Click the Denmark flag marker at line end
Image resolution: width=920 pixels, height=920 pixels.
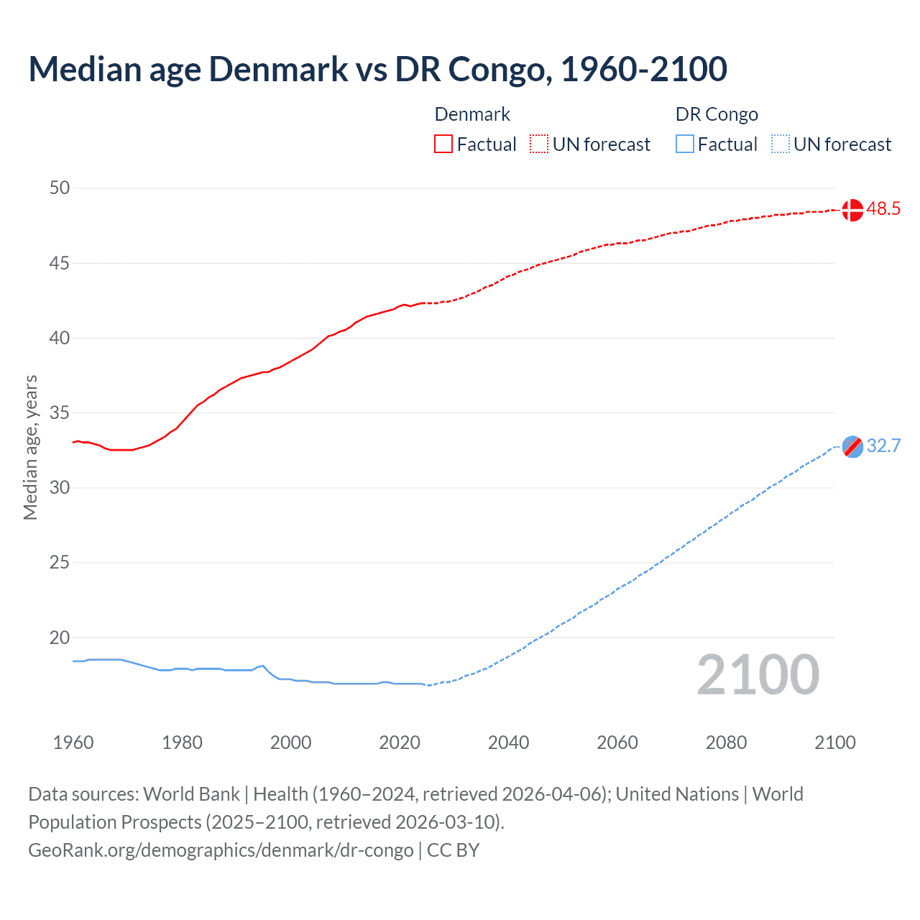click(x=852, y=210)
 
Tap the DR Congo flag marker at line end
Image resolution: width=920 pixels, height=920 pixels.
click(x=852, y=446)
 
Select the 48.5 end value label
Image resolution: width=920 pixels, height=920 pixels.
click(x=883, y=209)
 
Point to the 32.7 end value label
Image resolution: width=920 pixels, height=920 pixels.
click(x=883, y=446)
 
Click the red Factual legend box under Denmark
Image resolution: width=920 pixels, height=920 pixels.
click(x=443, y=144)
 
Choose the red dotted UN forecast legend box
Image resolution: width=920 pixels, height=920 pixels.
click(x=539, y=144)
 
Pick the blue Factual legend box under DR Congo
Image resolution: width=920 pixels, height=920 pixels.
click(x=685, y=144)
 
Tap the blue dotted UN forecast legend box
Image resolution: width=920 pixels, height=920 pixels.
click(x=781, y=144)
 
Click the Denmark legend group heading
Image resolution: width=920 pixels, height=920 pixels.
click(x=472, y=114)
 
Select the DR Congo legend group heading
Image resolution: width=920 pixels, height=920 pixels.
click(x=717, y=114)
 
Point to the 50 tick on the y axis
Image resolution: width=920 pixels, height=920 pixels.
click(x=60, y=188)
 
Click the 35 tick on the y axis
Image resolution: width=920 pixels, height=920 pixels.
click(x=60, y=413)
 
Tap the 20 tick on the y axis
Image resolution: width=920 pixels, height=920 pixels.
click(x=60, y=638)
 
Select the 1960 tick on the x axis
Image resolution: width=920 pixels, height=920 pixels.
click(x=73, y=742)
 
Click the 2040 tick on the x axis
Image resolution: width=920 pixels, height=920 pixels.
click(x=508, y=742)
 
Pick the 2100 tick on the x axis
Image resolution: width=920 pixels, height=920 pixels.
click(x=834, y=742)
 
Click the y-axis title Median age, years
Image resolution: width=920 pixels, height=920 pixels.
click(x=30, y=447)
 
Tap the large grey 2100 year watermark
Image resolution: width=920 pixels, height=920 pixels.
click(x=758, y=675)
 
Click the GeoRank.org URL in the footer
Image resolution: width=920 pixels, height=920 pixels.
click(x=221, y=850)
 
